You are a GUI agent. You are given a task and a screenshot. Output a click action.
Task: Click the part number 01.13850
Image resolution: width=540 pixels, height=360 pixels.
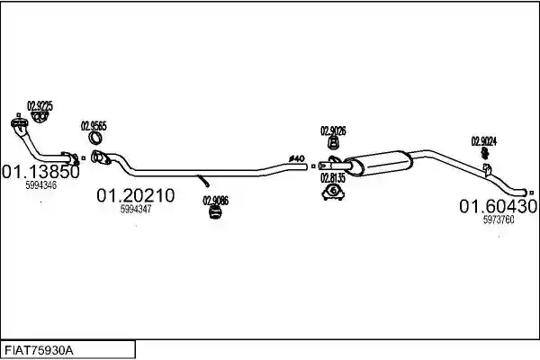point(40,172)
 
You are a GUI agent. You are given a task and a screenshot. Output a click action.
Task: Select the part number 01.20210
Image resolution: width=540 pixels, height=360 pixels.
point(136,195)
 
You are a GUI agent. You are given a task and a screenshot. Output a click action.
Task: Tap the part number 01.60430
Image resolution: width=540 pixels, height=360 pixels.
point(499,206)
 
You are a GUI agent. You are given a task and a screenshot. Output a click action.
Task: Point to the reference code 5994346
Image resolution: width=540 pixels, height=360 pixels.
point(41,185)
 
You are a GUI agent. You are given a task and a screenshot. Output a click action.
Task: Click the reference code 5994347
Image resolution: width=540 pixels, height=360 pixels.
point(136,209)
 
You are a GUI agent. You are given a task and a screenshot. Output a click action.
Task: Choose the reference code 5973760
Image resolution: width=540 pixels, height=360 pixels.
point(499,220)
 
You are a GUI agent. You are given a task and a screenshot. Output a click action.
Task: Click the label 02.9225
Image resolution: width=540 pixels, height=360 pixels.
point(40,106)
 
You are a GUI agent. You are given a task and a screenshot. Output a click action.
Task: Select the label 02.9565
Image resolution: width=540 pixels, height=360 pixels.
point(94,126)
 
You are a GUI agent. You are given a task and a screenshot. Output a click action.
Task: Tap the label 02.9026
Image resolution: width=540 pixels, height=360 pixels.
point(333,130)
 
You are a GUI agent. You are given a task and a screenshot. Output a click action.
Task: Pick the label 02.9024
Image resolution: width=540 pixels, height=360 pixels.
point(484,141)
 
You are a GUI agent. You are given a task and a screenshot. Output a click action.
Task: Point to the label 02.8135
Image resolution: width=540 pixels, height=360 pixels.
point(333,178)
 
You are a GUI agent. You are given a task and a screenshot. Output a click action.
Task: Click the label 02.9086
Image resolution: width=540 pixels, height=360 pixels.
point(216,201)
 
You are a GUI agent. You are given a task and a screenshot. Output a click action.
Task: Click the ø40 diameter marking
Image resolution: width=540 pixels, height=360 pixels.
point(297,158)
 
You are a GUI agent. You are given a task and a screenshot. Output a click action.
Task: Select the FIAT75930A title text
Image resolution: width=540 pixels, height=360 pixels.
point(39,351)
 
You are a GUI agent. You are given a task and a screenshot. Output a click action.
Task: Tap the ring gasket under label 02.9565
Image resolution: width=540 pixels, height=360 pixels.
point(95,138)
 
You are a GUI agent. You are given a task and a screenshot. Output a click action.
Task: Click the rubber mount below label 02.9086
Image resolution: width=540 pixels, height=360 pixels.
point(215,212)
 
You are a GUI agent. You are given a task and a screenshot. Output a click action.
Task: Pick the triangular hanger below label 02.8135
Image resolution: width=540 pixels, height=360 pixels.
point(333,193)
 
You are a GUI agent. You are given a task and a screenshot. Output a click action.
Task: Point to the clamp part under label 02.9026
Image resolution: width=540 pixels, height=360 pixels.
point(333,142)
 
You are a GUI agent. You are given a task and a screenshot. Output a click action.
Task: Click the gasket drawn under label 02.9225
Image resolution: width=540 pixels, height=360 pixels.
point(39,117)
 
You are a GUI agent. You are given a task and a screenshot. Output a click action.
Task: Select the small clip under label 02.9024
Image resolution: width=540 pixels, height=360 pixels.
point(485,153)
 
